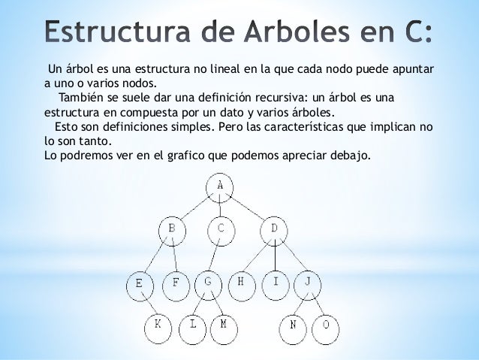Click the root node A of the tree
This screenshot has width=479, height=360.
[x=219, y=186]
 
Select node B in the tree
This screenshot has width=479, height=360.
[x=172, y=228]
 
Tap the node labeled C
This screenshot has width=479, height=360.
[x=221, y=228]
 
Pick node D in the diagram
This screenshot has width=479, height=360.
[x=274, y=228]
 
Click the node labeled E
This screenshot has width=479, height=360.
[x=140, y=284]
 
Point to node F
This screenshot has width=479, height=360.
[x=176, y=284]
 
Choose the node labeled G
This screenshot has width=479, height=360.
[x=208, y=283]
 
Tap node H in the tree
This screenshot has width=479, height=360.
[x=241, y=283]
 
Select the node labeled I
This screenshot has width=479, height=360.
[x=276, y=283]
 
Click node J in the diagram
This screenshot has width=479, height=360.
[x=308, y=283]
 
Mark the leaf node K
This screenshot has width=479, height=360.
[x=158, y=325]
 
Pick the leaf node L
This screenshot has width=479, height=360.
[x=194, y=325]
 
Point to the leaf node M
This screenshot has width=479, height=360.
[x=223, y=325]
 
